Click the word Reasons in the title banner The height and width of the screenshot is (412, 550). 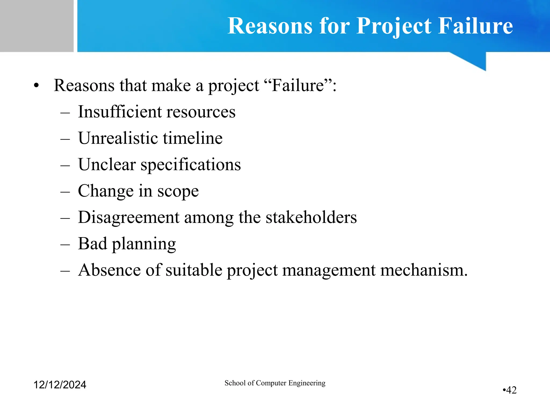click(x=270, y=26)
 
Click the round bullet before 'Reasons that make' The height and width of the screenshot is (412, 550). click(x=37, y=86)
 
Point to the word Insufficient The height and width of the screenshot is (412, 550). click(x=119, y=112)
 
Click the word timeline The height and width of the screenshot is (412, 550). click(x=193, y=138)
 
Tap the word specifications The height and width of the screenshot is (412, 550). click(x=191, y=165)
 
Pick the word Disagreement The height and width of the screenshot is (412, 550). click(x=128, y=217)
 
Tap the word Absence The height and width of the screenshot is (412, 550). click(x=109, y=270)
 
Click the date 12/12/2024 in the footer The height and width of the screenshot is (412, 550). click(x=60, y=385)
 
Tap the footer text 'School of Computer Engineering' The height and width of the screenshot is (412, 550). click(x=275, y=383)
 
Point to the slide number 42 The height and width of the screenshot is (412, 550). click(x=511, y=390)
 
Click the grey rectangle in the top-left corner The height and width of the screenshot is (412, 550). click(x=37, y=26)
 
